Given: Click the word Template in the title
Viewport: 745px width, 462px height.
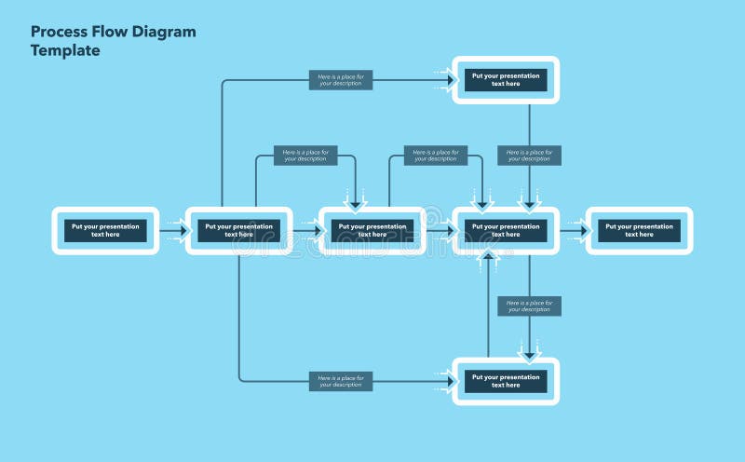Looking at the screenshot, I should click(65, 51).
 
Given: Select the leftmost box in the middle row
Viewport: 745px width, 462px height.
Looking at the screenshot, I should click(105, 230).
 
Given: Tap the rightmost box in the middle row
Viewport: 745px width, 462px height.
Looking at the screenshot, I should click(639, 230).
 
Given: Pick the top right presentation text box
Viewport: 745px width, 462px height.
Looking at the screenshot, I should click(506, 79).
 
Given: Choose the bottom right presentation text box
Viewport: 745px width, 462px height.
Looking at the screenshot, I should click(506, 381).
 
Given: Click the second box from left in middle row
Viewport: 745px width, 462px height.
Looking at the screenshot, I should click(239, 230).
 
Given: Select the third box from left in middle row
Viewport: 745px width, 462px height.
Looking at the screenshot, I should click(372, 230).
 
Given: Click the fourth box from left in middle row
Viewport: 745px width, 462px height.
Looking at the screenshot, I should click(506, 230).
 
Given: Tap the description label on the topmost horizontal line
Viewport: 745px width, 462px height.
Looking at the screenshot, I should click(341, 80).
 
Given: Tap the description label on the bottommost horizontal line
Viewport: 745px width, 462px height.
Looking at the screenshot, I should click(341, 381).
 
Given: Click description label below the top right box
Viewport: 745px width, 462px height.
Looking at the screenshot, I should click(529, 155).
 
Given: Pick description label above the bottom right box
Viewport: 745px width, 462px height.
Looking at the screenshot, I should click(529, 306).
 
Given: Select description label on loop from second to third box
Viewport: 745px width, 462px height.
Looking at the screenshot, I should click(305, 156).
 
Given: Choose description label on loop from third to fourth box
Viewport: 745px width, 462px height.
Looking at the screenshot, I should click(436, 156).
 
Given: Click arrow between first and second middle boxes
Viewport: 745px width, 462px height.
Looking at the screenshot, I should click(172, 231).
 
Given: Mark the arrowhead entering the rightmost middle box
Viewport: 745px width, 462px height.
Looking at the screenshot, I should click(583, 231).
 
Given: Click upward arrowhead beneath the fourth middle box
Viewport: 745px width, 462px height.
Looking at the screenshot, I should click(489, 258).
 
